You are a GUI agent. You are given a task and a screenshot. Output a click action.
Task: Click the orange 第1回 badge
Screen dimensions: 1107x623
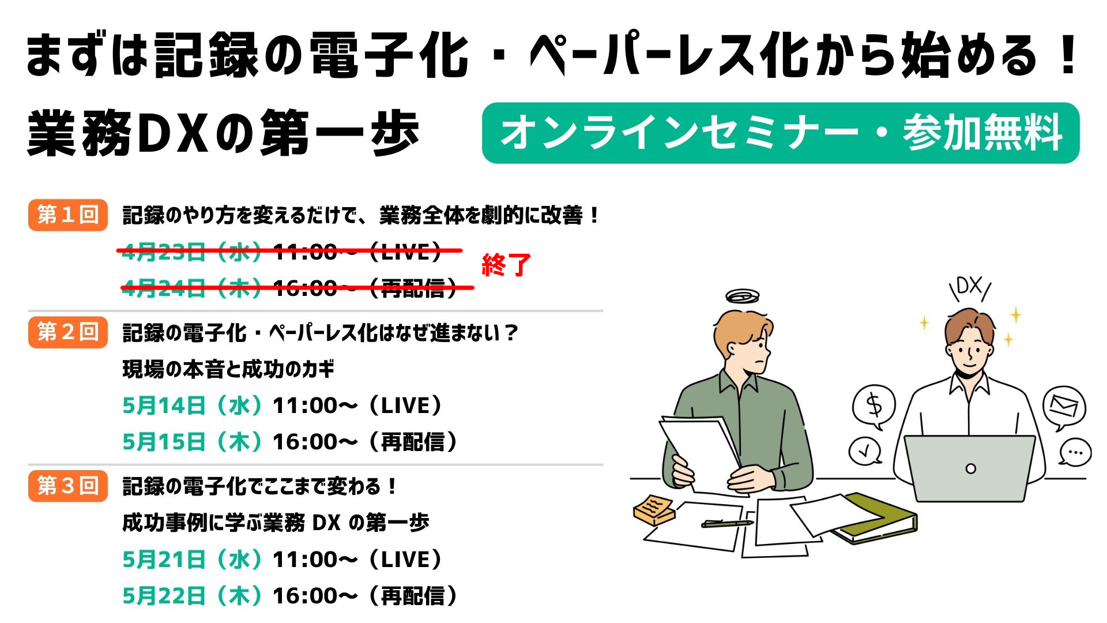pyautogui.click(x=68, y=215)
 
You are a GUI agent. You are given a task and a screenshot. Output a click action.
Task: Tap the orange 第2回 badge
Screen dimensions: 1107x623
pyautogui.click(x=68, y=332)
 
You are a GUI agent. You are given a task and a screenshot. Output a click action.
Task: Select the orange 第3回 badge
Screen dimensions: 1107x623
pyautogui.click(x=68, y=486)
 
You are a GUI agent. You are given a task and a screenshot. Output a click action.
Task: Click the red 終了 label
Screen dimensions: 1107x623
pyautogui.click(x=506, y=266)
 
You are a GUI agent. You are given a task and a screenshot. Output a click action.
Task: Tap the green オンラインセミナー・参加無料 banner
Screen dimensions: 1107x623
pyautogui.click(x=781, y=133)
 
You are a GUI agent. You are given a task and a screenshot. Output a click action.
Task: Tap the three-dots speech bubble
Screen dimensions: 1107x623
pyautogui.click(x=1075, y=452)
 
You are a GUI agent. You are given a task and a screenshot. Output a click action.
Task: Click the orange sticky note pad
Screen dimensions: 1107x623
pyautogui.click(x=654, y=509)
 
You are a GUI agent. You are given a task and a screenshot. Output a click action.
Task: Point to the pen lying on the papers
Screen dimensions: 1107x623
pyautogui.click(x=727, y=524)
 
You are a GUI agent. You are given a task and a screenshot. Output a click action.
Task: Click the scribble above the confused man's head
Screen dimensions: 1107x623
pyautogui.click(x=742, y=297)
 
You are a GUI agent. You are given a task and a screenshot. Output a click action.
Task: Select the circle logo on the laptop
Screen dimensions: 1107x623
pyautogui.click(x=971, y=468)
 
